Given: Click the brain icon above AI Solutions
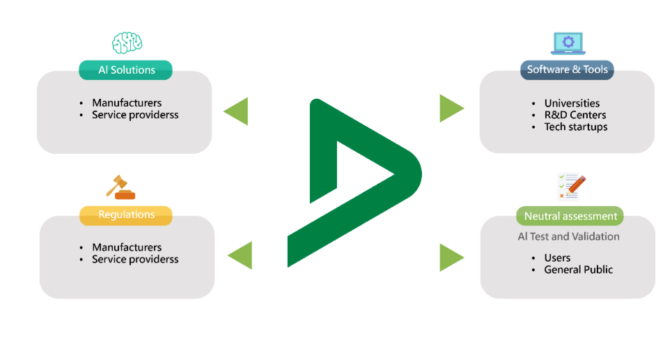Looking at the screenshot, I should click(x=127, y=42).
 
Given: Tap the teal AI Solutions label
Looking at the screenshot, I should click(x=125, y=70).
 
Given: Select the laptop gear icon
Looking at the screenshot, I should click(x=568, y=42).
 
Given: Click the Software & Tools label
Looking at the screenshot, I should click(x=567, y=70).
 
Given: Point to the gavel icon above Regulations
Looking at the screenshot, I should click(x=120, y=187).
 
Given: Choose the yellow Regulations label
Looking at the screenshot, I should click(x=126, y=214).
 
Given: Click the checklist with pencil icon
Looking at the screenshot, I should click(x=570, y=187).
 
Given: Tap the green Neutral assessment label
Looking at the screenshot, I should click(x=570, y=216).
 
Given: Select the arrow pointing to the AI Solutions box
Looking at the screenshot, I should click(x=235, y=111).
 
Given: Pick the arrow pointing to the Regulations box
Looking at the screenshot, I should click(x=240, y=254).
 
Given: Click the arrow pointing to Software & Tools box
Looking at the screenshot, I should click(x=451, y=108).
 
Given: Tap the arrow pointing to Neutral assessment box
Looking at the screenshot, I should click(x=451, y=257).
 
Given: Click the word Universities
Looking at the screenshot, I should click(x=572, y=103).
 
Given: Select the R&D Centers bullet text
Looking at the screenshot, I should click(x=575, y=115).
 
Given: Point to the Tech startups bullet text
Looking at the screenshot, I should click(x=575, y=127).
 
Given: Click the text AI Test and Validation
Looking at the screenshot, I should click(x=568, y=236).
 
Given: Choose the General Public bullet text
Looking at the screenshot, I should click(x=578, y=269).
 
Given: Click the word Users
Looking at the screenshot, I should click(x=557, y=258).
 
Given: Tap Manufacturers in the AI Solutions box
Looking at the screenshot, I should click(x=127, y=103).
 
